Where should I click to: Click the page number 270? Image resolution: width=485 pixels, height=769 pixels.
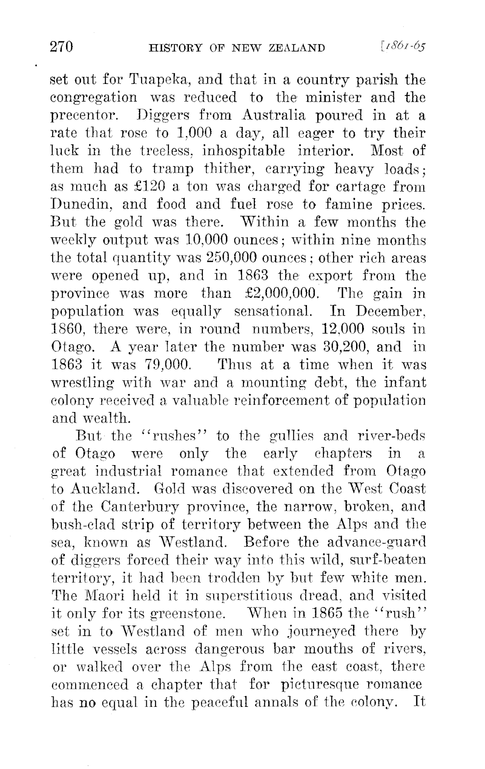(x=63, y=47)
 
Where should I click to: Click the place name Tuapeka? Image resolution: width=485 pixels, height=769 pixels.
(x=148, y=81)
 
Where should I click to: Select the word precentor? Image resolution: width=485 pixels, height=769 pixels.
(x=85, y=117)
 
